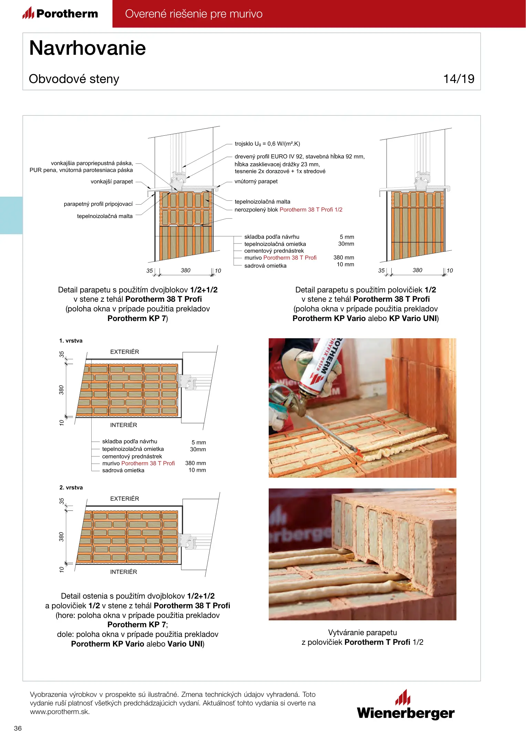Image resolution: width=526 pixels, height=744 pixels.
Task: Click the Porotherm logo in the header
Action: pos(60,13)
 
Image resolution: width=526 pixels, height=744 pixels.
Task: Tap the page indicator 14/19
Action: pos(458,79)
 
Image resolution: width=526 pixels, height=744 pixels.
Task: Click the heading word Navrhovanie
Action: pos(87,48)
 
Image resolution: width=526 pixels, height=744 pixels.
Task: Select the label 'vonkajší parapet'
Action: pos(112,182)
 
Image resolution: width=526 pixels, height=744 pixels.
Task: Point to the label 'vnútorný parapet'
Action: pos(256,182)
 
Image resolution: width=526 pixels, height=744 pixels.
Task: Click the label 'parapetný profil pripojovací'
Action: pos(98,204)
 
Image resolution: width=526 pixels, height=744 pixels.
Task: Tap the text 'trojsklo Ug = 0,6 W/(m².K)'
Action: pos(267,144)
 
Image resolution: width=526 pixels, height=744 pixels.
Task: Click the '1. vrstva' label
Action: pos(71,341)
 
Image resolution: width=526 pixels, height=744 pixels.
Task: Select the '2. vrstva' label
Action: pos(71,487)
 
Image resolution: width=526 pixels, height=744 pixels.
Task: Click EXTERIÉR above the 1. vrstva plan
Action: pos(125,352)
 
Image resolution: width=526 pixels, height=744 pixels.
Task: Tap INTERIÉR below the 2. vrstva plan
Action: pos(124,572)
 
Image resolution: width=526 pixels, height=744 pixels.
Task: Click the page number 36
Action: pos(18,728)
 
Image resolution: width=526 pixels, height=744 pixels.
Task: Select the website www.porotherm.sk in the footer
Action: pos(60,712)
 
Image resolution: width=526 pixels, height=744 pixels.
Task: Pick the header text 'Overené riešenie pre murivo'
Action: pos(194,14)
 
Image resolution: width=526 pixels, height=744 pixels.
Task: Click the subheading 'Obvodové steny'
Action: pos(74,79)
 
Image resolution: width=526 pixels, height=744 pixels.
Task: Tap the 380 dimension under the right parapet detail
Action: pos(417,270)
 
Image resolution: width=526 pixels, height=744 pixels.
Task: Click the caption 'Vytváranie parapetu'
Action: pos(362,632)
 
